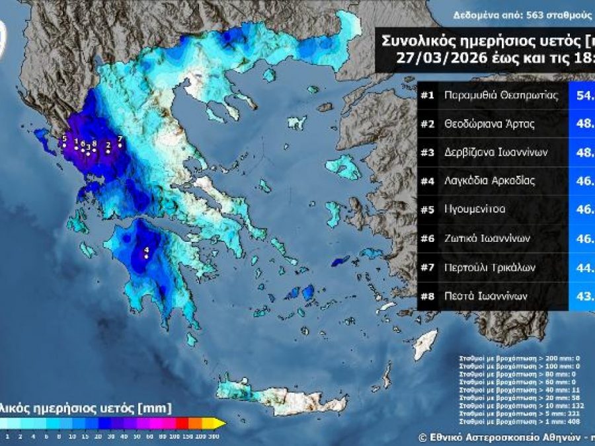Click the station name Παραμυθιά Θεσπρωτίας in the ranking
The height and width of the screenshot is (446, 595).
pyautogui.click(x=502, y=95)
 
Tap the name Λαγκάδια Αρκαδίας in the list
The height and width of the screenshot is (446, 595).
pyautogui.click(x=489, y=180)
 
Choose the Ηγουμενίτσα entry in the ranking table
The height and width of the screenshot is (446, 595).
pyautogui.click(x=475, y=209)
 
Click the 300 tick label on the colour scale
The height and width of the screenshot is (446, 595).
pyautogui.click(x=214, y=436)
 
